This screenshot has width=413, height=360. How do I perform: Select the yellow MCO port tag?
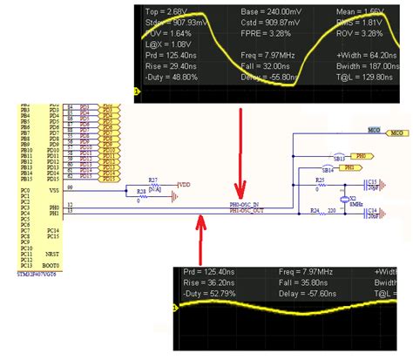click(x=398, y=132)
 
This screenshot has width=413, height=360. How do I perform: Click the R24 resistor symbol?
click(x=320, y=211)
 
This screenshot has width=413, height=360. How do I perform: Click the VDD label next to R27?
click(x=185, y=184)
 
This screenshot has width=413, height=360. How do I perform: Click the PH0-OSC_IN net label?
click(x=245, y=206)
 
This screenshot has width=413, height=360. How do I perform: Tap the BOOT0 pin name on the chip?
click(x=51, y=265)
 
